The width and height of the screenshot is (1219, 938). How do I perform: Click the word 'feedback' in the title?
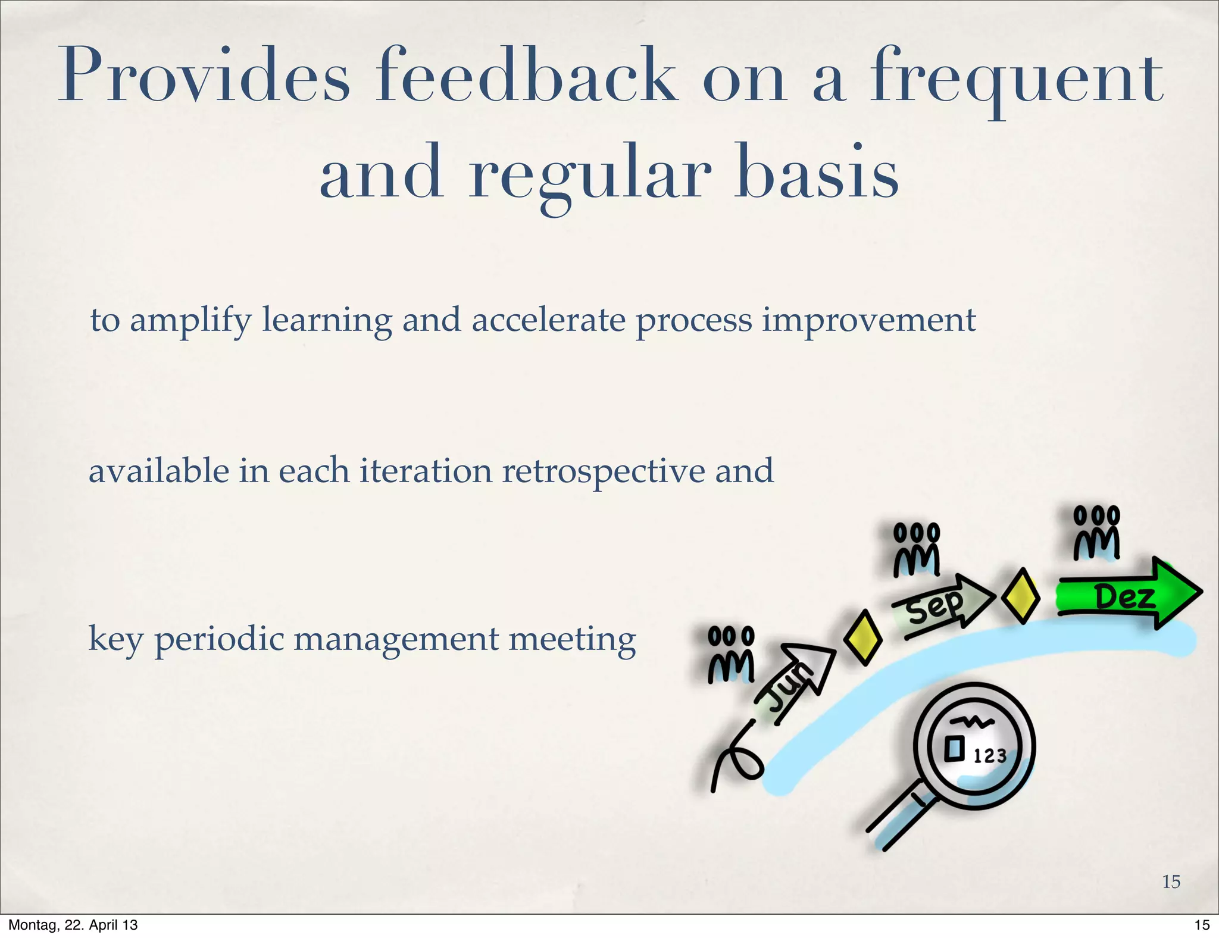526,77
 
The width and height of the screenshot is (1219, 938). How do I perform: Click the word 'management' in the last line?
396,640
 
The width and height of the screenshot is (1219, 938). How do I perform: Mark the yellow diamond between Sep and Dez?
1021,596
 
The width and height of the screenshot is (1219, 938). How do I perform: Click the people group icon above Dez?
1096,533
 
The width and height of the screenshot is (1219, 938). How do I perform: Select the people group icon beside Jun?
731,655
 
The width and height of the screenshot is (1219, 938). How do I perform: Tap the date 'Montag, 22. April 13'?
73,925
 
